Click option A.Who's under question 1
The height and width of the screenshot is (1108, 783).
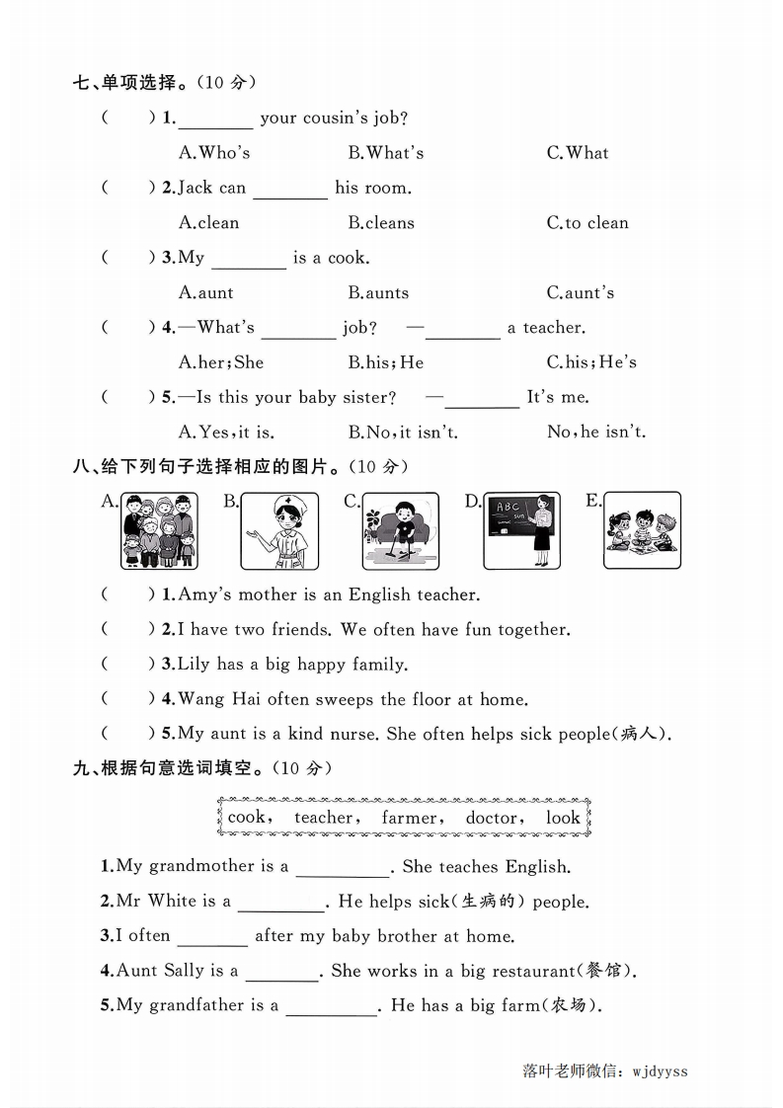click(x=214, y=153)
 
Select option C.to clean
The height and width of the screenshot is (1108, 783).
click(x=587, y=223)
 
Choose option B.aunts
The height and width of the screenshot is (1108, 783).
click(x=378, y=293)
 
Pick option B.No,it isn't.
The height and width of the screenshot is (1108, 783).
click(x=403, y=433)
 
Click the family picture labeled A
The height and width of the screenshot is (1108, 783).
click(x=159, y=531)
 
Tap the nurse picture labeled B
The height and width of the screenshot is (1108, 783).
click(x=279, y=531)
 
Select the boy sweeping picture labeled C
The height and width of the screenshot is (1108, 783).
click(x=400, y=531)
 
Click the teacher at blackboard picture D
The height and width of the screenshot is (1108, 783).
click(x=521, y=531)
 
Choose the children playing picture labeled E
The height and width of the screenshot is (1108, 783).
click(x=642, y=531)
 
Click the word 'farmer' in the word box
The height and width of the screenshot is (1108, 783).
click(x=410, y=818)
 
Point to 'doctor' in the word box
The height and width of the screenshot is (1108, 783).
click(x=492, y=818)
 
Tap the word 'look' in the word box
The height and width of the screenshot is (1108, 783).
click(x=563, y=818)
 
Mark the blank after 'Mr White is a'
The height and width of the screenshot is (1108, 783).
click(x=281, y=903)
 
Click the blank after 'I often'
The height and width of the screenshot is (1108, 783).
click(x=212, y=937)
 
